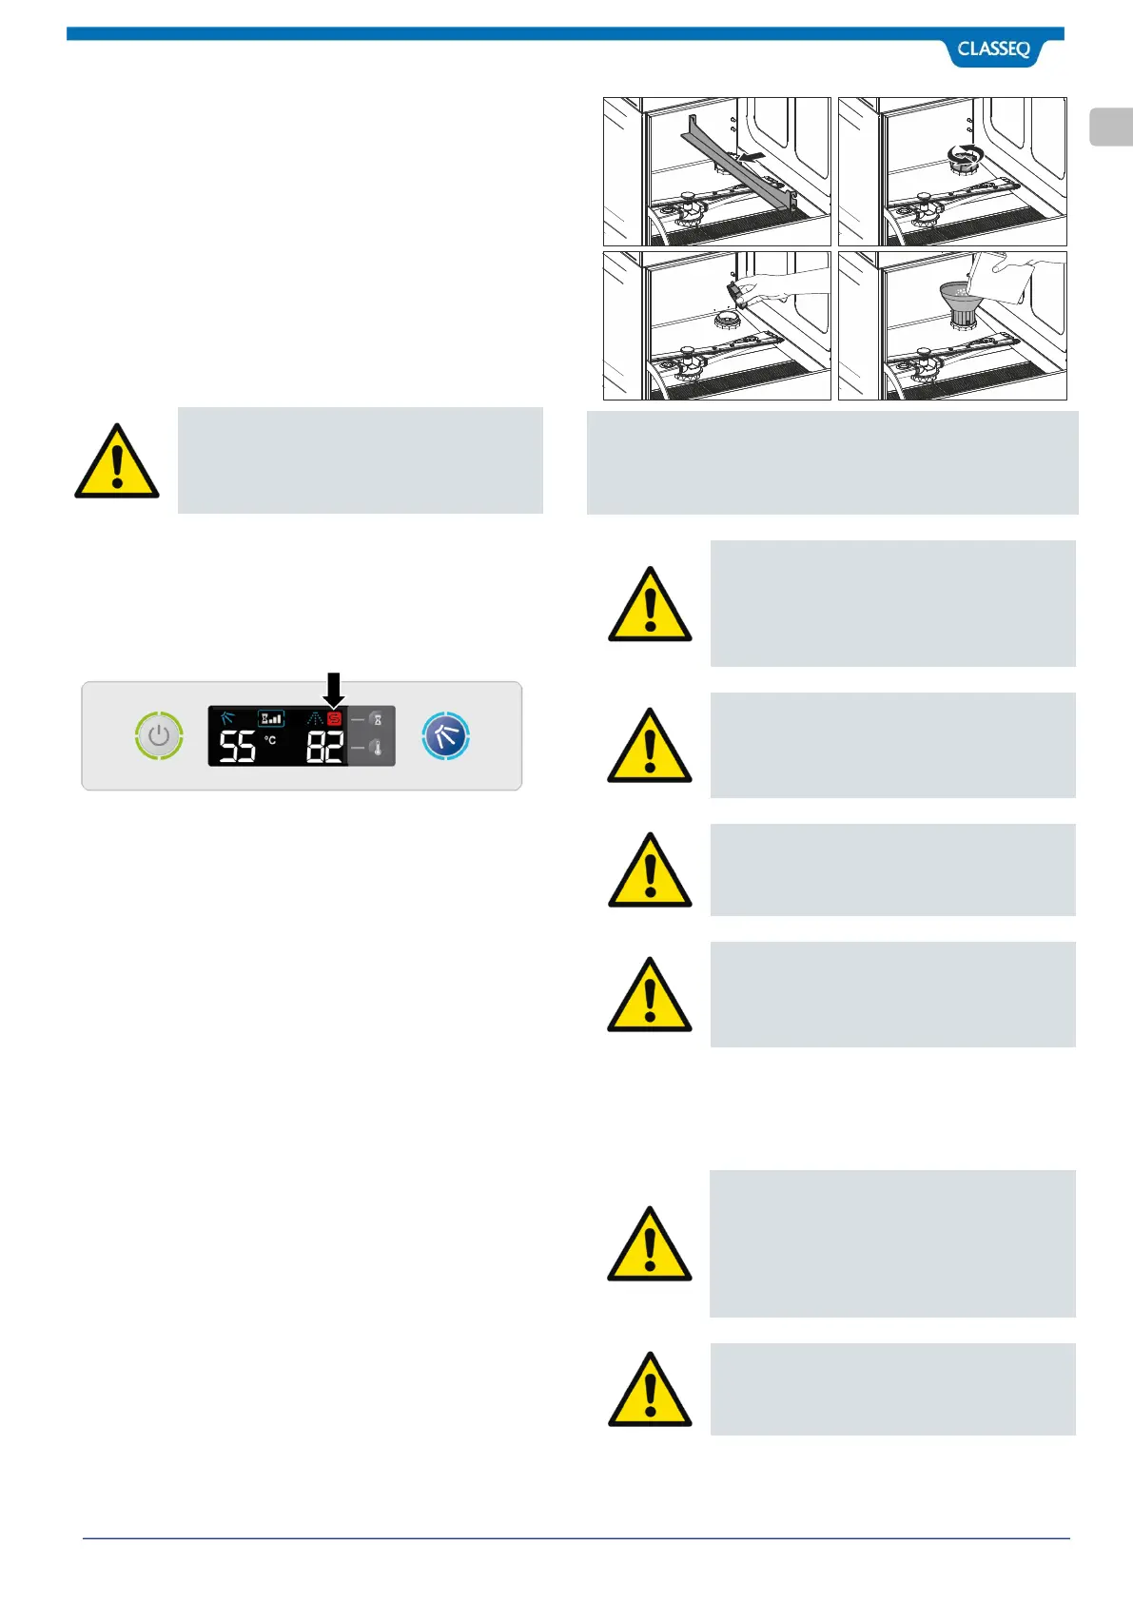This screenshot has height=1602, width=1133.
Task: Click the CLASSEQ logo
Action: (x=993, y=49)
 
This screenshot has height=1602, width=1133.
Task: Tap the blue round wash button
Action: (x=445, y=735)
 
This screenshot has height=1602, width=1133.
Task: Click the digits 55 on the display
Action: (x=238, y=747)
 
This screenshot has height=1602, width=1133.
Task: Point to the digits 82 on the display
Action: (x=324, y=747)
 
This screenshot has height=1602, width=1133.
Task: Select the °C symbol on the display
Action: (x=270, y=739)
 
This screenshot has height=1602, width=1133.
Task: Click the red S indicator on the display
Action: (x=334, y=719)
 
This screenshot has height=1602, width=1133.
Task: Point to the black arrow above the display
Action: (x=333, y=688)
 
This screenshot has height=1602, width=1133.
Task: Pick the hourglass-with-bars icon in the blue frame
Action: (x=271, y=718)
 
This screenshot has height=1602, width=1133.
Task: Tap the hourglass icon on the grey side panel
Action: (x=377, y=719)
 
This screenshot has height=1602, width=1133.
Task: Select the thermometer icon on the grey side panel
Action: (x=377, y=749)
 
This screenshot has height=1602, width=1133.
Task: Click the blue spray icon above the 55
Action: (x=227, y=718)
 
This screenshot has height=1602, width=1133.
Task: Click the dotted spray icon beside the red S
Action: (x=314, y=719)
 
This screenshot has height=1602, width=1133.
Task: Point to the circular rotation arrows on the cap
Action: (x=967, y=153)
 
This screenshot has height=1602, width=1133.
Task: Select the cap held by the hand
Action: (x=733, y=290)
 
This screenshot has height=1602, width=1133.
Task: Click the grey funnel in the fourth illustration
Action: (x=957, y=299)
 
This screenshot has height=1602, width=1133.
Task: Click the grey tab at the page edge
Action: (x=1110, y=127)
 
